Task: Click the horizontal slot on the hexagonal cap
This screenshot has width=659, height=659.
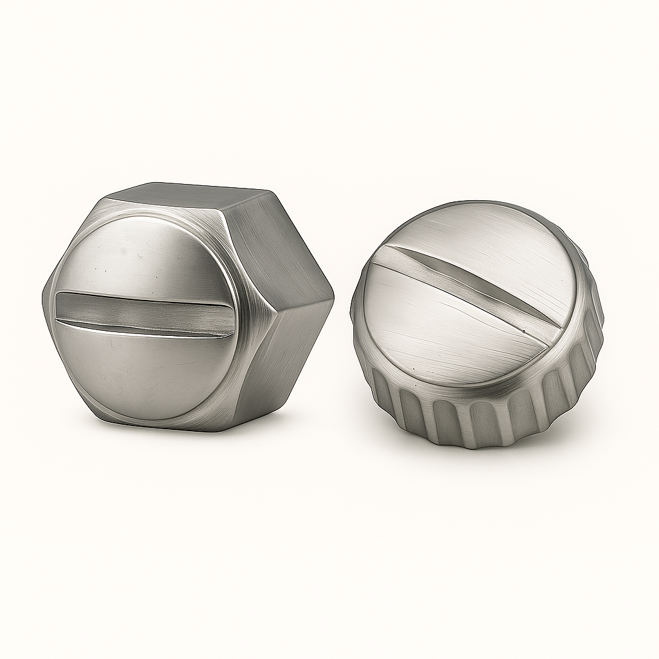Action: point(145,312)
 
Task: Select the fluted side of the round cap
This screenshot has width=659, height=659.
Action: point(489,418)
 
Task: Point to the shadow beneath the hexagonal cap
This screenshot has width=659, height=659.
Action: point(193,432)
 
